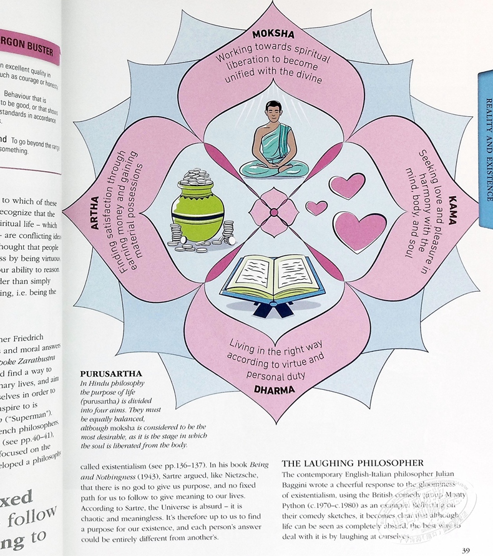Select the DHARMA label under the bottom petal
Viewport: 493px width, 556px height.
click(274, 389)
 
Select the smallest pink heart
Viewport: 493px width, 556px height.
click(316, 207)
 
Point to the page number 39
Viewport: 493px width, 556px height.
click(465, 550)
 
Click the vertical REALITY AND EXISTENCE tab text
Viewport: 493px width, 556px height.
click(487, 149)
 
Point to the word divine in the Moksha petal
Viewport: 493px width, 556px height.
click(305, 79)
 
